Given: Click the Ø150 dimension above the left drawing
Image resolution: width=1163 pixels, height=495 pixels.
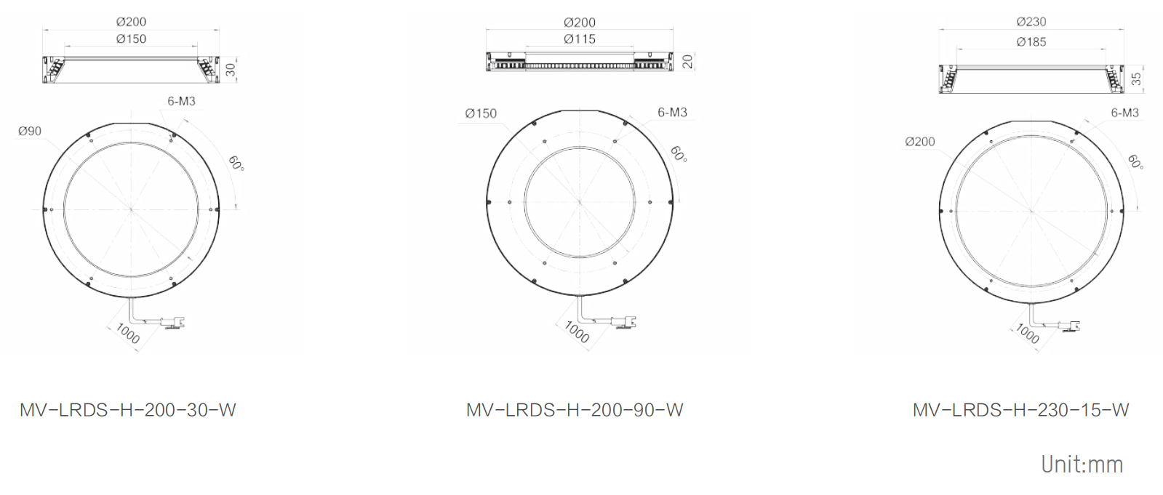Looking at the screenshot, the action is [x=131, y=39].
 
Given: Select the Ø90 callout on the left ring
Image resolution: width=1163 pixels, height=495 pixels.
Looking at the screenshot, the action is [x=30, y=132].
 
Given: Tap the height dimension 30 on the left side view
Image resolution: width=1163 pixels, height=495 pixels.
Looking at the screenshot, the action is [x=231, y=70].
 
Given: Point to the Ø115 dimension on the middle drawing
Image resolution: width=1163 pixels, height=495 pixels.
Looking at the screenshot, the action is [x=580, y=39].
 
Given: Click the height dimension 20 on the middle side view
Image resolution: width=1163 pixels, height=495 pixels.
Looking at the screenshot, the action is [x=687, y=62].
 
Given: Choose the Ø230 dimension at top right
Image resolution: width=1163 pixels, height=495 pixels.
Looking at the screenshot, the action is [x=1031, y=22].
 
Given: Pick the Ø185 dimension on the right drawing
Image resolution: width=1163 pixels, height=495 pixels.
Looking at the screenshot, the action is [x=1031, y=42].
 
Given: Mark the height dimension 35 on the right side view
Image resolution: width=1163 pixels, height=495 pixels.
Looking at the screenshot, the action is [x=1136, y=79].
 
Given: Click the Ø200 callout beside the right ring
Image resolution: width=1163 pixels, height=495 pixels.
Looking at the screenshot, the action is [x=919, y=142].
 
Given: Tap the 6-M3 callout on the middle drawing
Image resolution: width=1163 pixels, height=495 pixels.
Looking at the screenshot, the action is [x=672, y=112].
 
